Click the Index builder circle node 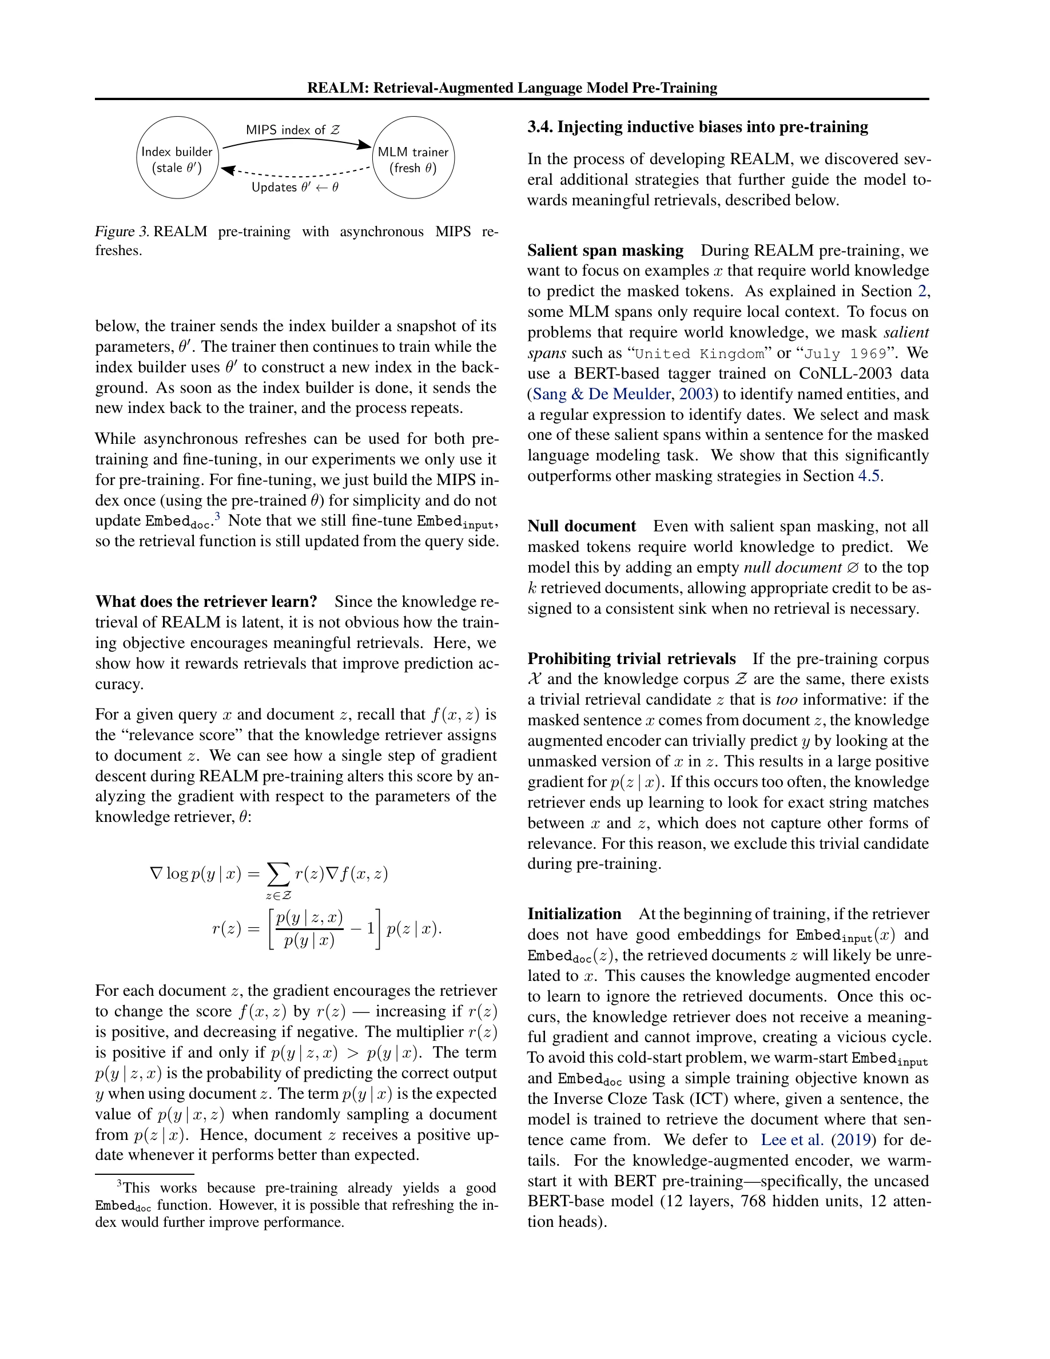pos(177,157)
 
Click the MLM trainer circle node pos(413,157)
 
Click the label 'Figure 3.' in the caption pos(121,232)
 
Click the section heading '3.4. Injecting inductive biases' pos(697,127)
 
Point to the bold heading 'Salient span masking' pos(604,251)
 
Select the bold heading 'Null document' pos(581,526)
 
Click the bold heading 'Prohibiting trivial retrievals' pos(631,659)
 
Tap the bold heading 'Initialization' pos(574,914)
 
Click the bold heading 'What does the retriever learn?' pos(206,602)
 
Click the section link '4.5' pos(868,476)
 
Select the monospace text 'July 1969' pos(845,354)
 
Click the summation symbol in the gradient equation pos(278,875)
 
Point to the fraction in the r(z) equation pos(309,929)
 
